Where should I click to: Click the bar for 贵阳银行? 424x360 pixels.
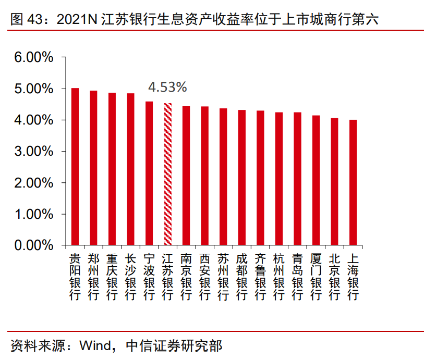pos(75,167)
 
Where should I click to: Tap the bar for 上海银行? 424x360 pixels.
pos(353,182)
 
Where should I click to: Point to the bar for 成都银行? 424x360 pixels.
pos(241,177)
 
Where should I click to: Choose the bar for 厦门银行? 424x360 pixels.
pos(316,180)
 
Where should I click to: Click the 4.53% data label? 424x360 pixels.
pos(167,87)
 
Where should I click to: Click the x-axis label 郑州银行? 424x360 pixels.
pos(93,277)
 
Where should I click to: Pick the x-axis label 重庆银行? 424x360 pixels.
pos(112,277)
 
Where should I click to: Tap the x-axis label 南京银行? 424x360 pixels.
pos(186,277)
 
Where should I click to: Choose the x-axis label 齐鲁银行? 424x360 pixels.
pos(260,277)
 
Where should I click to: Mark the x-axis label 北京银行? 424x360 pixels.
pos(334,277)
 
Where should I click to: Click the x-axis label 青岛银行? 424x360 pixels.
pos(297,277)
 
